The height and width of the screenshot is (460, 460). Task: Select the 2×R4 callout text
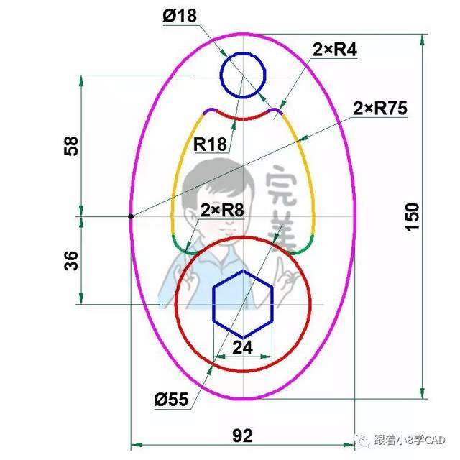click(x=335, y=50)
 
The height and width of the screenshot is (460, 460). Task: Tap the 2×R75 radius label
click(x=380, y=109)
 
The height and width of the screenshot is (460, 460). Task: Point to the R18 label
click(x=211, y=144)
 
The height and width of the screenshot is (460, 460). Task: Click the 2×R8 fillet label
click(x=222, y=211)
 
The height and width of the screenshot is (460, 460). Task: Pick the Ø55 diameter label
click(x=170, y=397)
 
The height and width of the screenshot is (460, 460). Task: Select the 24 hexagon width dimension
click(x=243, y=346)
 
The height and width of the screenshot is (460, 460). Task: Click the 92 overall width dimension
click(x=244, y=436)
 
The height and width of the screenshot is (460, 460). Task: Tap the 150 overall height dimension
click(x=412, y=216)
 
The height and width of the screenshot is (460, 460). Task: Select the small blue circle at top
click(x=243, y=76)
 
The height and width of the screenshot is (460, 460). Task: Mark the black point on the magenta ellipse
click(x=131, y=216)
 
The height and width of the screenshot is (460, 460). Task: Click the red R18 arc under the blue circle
click(x=243, y=116)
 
